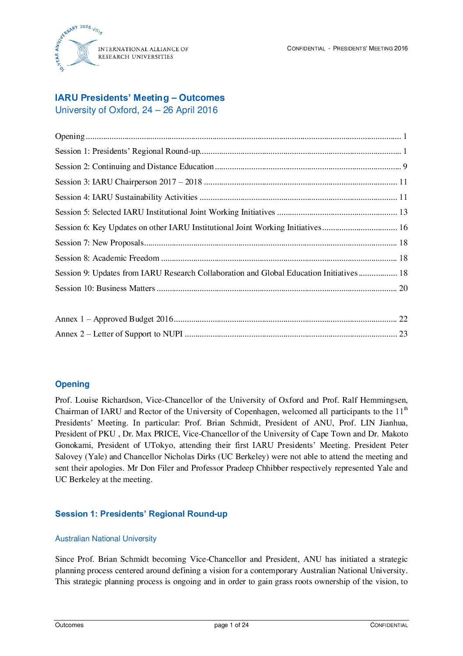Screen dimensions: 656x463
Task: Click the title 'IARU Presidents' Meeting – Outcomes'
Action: click(x=140, y=98)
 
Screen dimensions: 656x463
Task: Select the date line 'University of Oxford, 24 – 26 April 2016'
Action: click(x=136, y=110)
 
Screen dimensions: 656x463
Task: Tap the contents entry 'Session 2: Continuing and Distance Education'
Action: click(x=134, y=167)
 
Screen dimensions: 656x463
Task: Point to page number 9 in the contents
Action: click(x=405, y=167)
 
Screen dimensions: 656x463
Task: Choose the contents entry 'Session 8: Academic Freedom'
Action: click(x=107, y=258)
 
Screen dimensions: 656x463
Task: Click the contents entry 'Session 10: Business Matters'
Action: click(x=105, y=288)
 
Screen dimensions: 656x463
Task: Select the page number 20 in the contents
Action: click(x=403, y=288)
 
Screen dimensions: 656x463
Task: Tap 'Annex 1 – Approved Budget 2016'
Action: click(x=114, y=319)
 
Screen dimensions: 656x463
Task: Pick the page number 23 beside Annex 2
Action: click(x=403, y=334)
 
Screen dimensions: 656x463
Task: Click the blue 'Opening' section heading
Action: click(x=72, y=384)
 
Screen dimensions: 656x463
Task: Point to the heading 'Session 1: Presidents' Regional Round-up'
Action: click(x=141, y=514)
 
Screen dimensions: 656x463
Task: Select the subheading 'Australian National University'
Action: click(x=105, y=539)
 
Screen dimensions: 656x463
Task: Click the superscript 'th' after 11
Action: click(x=406, y=409)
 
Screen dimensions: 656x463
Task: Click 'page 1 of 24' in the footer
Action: click(x=231, y=625)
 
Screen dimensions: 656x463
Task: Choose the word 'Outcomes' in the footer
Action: click(x=69, y=625)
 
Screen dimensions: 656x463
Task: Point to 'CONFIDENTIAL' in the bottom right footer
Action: click(x=389, y=625)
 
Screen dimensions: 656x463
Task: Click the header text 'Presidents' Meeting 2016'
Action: click(x=370, y=49)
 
